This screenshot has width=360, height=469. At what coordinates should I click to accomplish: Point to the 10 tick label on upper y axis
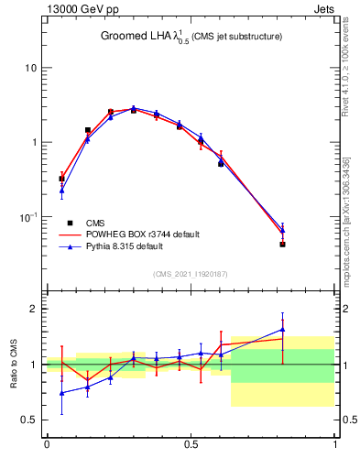coord(31,68)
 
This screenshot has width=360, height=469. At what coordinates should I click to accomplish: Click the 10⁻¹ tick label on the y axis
coord(28,217)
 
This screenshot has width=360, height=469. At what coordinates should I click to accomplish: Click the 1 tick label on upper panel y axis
coord(34,143)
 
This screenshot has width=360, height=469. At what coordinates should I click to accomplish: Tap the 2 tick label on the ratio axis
coord(34,309)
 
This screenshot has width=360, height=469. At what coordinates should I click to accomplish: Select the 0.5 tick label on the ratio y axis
coord(30,420)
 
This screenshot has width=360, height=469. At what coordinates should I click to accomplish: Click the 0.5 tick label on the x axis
coord(191,445)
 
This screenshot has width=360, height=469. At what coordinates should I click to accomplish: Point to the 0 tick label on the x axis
coord(47,445)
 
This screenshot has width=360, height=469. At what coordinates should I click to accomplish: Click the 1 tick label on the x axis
coord(335,445)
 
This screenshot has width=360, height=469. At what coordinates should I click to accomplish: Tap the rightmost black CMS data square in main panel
coord(282,245)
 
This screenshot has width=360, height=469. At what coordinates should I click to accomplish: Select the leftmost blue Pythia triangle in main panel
coord(61,191)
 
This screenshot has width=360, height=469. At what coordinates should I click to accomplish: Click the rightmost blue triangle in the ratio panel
coord(282,330)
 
